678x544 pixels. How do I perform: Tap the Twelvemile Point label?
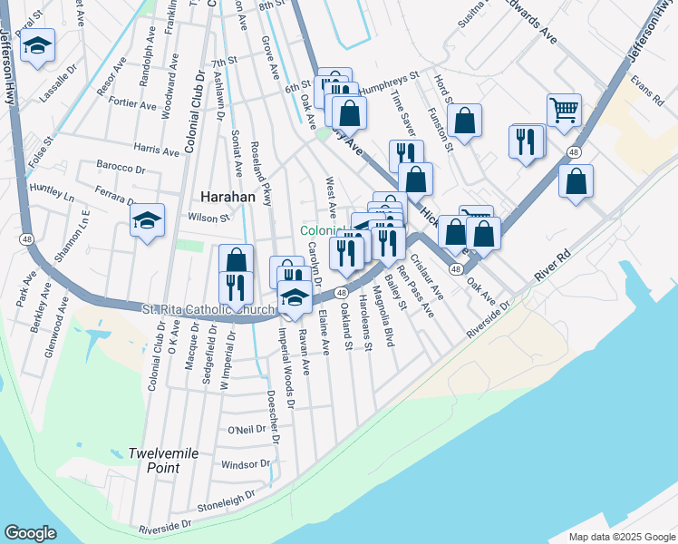(153, 460)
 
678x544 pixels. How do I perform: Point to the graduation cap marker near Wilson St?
(147, 220)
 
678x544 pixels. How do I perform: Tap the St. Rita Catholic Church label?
(208, 311)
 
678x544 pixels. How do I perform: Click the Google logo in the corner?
(30, 533)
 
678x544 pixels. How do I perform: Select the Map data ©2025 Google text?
(622, 536)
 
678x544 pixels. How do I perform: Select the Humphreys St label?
(390, 83)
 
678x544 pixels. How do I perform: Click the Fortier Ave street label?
(132, 104)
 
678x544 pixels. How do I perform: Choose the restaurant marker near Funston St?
(526, 141)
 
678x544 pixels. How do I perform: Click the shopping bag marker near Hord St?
(464, 121)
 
